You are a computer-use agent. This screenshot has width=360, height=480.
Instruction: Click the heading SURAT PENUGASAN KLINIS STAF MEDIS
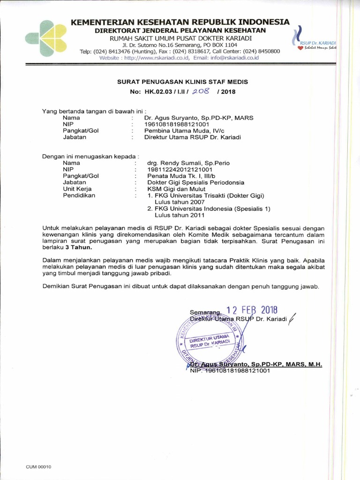click(x=182, y=82)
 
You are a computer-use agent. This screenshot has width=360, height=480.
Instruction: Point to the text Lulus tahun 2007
click(x=180, y=202)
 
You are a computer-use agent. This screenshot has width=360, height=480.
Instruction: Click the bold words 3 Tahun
click(x=79, y=247)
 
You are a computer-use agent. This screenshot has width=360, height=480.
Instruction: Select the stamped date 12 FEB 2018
click(x=252, y=310)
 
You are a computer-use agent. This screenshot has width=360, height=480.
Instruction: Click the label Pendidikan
click(x=79, y=195)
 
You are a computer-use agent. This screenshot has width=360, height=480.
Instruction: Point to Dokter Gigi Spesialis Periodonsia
click(x=195, y=182)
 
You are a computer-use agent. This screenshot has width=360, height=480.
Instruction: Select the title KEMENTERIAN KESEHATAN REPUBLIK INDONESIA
click(x=180, y=22)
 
